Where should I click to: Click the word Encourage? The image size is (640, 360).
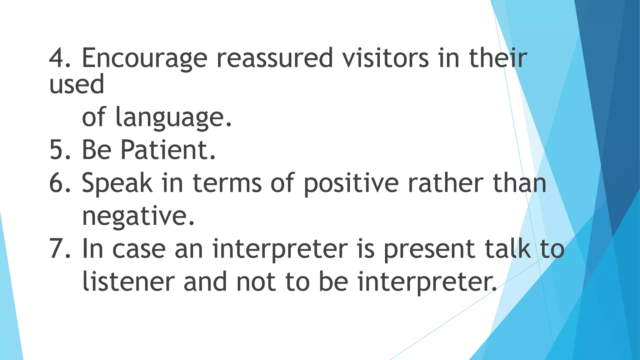tap(144, 58)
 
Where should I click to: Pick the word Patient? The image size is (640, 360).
tap(168, 150)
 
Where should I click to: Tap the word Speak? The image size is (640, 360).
tap(117, 184)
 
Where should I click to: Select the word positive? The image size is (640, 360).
tap(351, 184)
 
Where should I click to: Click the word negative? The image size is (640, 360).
tap(138, 217)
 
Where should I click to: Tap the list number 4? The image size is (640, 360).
tap(59, 58)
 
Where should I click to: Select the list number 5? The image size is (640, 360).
tap(59, 150)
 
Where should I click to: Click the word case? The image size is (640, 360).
tap(139, 249)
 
